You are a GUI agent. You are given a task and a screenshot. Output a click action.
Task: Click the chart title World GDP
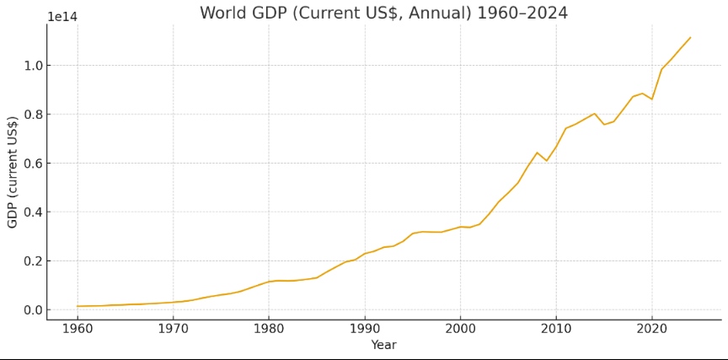coord(383,13)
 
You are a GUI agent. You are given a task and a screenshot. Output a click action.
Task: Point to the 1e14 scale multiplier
coord(62,17)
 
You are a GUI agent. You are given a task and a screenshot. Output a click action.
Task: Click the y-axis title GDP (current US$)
coord(13,172)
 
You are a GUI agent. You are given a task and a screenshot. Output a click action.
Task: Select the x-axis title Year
coord(383,345)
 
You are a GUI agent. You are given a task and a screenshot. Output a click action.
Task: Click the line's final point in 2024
coord(690,37)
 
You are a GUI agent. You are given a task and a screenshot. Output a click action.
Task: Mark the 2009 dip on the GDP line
coord(546,161)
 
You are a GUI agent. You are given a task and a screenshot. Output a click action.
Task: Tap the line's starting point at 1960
coord(78,306)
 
